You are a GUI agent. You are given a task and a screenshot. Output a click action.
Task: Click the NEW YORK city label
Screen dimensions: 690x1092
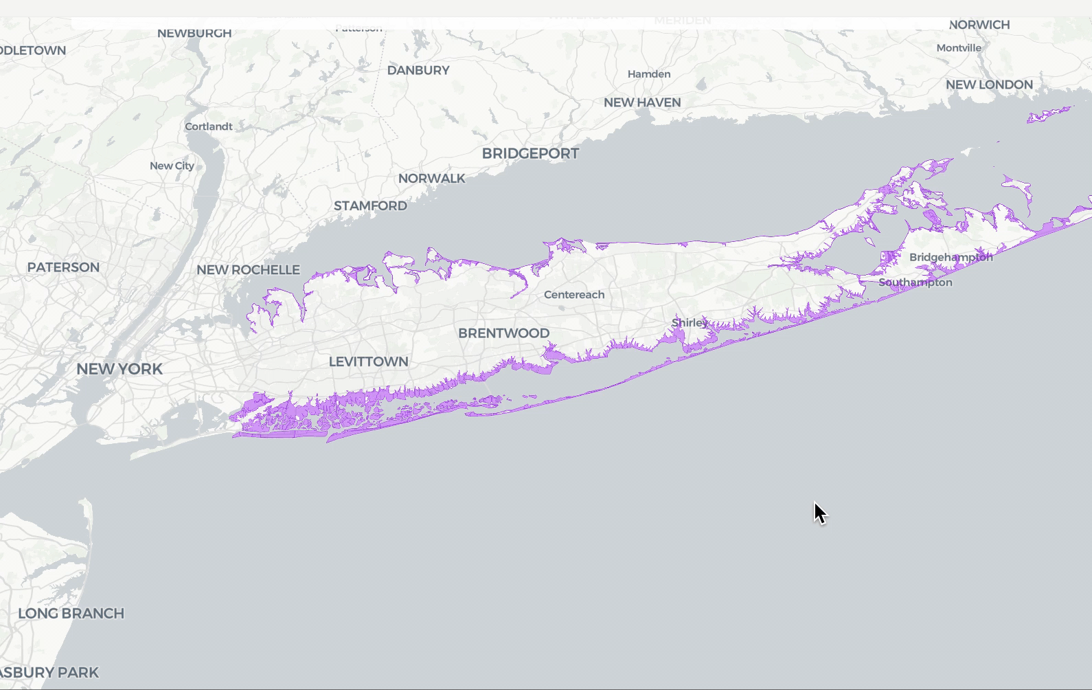(x=120, y=369)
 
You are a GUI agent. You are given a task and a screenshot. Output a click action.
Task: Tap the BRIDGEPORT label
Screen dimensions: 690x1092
(x=530, y=153)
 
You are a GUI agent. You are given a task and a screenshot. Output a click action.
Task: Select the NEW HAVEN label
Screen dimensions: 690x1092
(x=642, y=102)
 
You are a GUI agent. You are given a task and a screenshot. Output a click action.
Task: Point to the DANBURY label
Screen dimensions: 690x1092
(x=418, y=70)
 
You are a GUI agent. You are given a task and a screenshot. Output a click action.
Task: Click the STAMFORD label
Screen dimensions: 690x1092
(x=370, y=205)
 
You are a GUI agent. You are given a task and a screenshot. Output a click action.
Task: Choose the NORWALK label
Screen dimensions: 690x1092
(x=431, y=178)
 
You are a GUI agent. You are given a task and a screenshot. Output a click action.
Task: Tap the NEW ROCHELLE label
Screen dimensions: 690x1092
(x=248, y=270)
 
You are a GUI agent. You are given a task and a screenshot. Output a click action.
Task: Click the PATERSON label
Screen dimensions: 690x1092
(x=63, y=267)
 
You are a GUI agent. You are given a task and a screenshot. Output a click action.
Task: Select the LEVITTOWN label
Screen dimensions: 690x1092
(x=368, y=361)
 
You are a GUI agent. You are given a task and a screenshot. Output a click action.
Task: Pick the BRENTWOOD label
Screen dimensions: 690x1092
(x=503, y=333)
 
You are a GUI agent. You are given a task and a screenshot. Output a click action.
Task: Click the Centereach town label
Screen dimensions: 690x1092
(x=574, y=295)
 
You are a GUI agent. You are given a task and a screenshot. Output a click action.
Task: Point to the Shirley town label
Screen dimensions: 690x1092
(x=690, y=322)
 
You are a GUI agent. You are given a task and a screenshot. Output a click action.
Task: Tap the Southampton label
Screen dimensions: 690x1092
(x=915, y=282)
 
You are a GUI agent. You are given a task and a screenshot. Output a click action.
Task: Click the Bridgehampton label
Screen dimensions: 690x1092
(x=951, y=257)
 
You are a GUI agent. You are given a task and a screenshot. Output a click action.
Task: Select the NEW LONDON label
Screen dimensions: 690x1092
(x=989, y=85)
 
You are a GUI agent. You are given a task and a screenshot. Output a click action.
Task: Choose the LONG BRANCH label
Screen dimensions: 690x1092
(x=71, y=614)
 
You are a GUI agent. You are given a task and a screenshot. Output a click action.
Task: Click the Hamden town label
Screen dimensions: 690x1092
(x=649, y=74)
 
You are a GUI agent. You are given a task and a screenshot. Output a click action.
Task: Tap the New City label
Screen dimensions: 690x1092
(x=172, y=166)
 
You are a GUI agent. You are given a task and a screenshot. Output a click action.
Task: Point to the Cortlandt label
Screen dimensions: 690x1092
(x=208, y=126)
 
